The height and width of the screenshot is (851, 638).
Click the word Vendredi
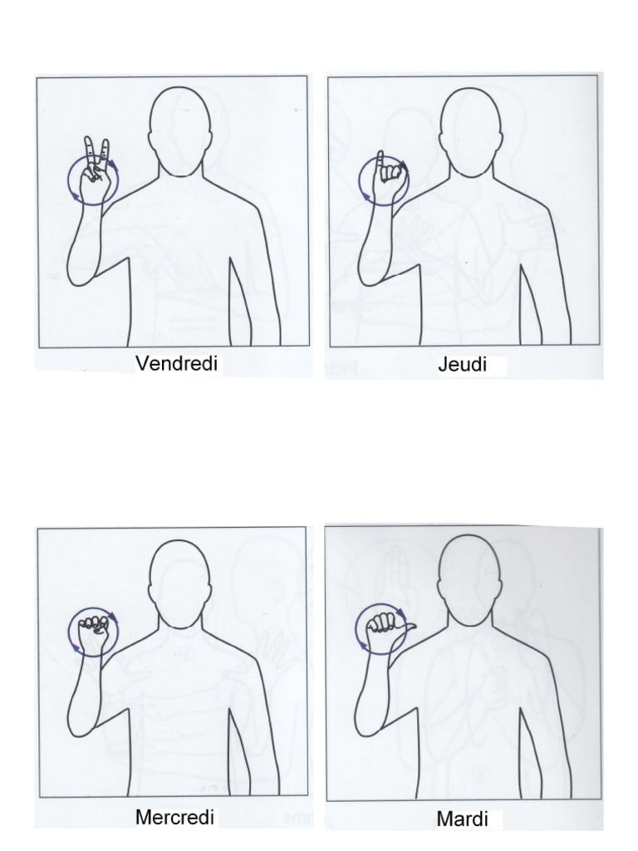coord(176,363)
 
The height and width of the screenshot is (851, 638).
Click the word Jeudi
coord(462,365)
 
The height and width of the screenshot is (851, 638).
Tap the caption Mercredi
coord(174,817)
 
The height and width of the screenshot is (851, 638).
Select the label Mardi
coord(462,819)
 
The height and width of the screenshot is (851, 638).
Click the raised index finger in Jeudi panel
coord(380,162)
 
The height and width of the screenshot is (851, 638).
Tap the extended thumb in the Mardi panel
coord(408,624)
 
